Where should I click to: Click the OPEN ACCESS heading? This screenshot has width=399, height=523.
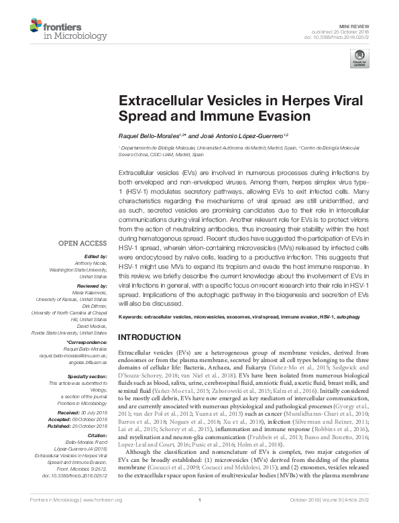pos(82,244)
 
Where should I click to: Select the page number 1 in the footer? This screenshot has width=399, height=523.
pos(200,518)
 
